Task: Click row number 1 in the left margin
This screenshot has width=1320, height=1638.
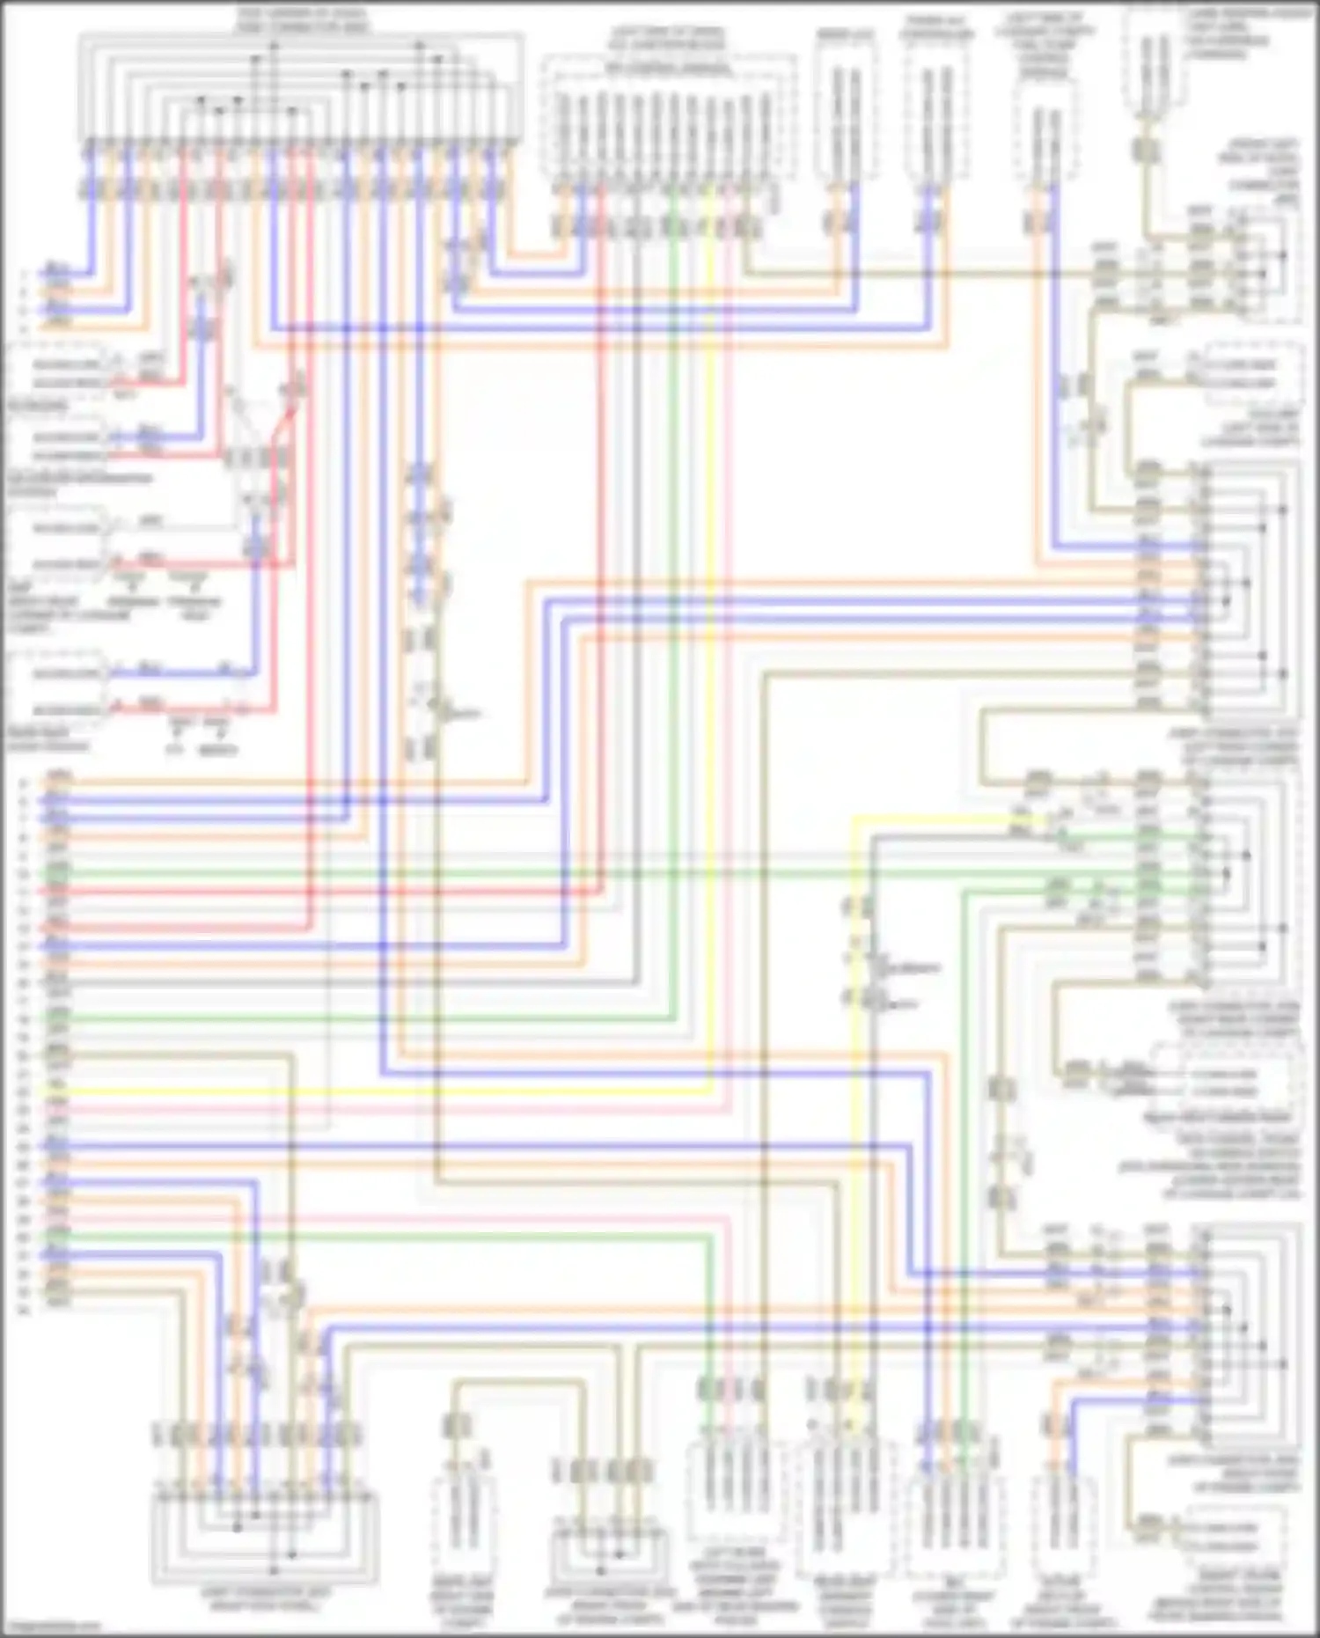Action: coord(24,273)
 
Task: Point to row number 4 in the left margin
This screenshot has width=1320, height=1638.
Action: coord(24,327)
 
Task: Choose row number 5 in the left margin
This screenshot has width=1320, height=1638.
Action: coord(24,782)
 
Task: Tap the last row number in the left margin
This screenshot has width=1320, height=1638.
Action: coord(24,1311)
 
